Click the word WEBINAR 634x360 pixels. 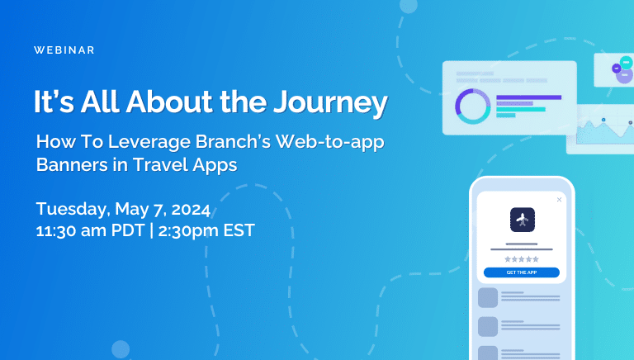click(x=64, y=50)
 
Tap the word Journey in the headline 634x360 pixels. click(x=330, y=102)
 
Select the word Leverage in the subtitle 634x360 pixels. click(x=149, y=142)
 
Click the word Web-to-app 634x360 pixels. click(x=329, y=142)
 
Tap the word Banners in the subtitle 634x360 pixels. click(x=72, y=164)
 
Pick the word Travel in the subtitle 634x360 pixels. click(x=159, y=164)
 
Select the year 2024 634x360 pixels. click(x=191, y=210)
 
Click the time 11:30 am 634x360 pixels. click(x=71, y=230)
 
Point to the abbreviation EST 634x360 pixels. click(x=239, y=230)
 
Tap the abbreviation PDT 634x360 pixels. click(x=128, y=230)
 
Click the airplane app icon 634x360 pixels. click(x=523, y=220)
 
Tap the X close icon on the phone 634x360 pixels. click(x=559, y=200)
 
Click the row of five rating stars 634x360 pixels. click(x=522, y=259)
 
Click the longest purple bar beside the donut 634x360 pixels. click(x=529, y=97)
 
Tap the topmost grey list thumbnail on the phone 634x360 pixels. click(x=488, y=298)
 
